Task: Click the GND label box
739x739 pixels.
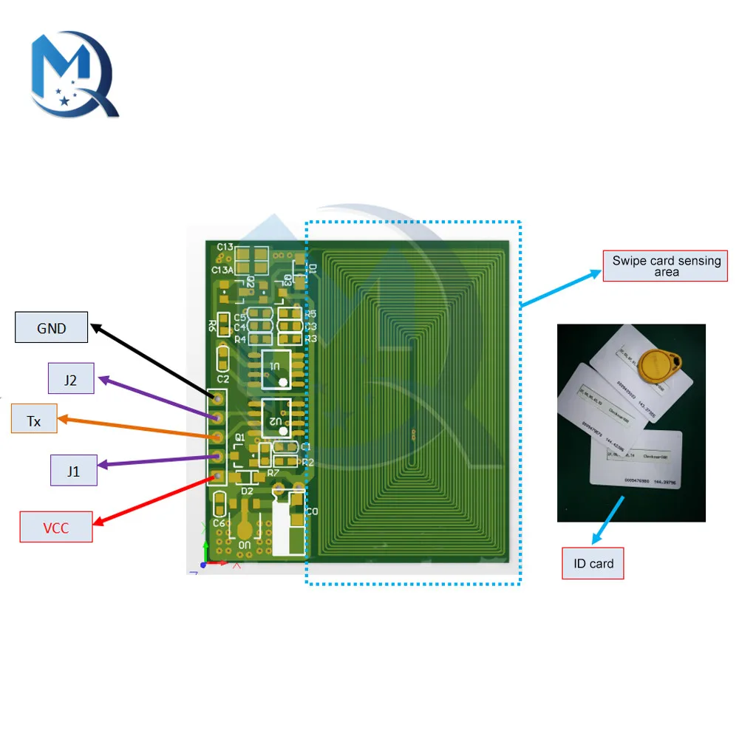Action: pos(51,327)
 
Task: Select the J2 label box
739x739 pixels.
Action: pos(71,381)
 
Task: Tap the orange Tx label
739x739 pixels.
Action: pos(34,421)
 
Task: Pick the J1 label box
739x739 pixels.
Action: pos(73,471)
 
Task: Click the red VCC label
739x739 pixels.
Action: pos(56,528)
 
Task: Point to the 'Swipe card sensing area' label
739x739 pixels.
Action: pos(665,266)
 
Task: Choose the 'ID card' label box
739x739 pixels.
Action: pos(593,563)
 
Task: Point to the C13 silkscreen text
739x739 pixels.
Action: pos(225,247)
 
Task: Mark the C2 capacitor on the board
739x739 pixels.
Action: pos(222,361)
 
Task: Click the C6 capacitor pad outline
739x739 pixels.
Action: pos(219,505)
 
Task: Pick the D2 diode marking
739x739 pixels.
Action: pos(247,490)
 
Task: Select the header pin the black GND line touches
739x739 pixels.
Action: pos(218,398)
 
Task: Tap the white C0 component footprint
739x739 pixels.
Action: pos(288,522)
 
